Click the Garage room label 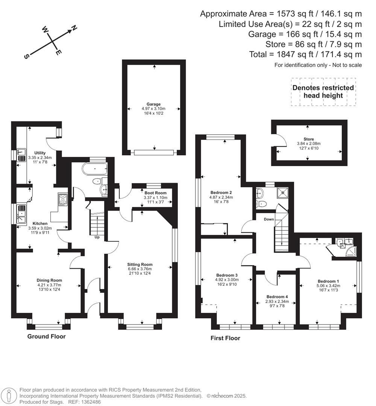153,104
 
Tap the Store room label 309,139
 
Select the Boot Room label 155,193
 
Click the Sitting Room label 139,264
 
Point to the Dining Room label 49,280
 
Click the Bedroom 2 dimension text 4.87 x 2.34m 221,197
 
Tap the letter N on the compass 74,28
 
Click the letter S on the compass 27,56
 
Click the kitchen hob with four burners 62,199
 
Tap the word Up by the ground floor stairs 97,237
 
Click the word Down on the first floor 269,219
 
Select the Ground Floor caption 46,336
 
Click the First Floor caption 225,338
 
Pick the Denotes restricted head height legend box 323,92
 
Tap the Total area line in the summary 305,55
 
